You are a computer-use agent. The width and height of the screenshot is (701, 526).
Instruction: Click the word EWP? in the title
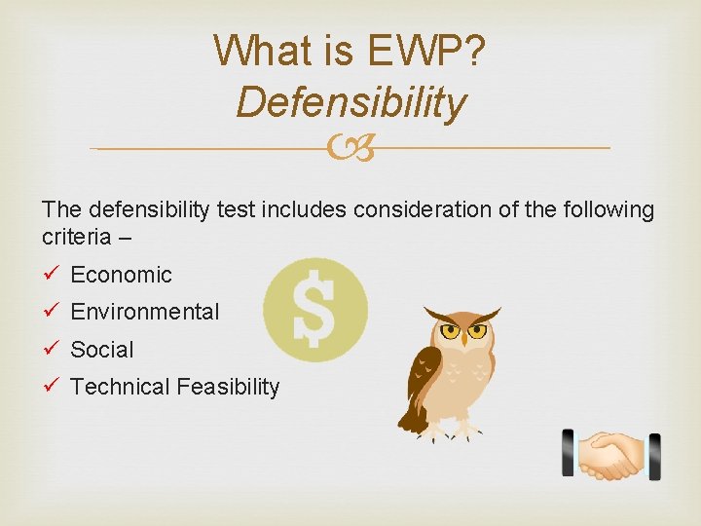[x=429, y=50]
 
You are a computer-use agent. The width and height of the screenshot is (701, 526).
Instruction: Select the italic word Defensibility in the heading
[x=350, y=101]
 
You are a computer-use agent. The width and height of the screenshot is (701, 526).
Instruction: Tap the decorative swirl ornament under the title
[x=350, y=149]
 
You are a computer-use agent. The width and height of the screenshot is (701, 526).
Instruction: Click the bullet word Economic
[x=121, y=276]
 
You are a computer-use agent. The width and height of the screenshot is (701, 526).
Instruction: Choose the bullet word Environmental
[x=145, y=313]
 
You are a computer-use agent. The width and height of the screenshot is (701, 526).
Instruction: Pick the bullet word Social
[x=102, y=350]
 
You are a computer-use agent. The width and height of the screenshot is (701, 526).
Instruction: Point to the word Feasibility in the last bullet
[x=228, y=387]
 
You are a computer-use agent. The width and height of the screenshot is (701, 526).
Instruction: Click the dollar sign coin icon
[x=315, y=310]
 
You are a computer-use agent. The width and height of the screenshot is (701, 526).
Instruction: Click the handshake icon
[x=611, y=455]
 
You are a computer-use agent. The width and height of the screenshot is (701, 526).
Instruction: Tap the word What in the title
[x=255, y=50]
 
